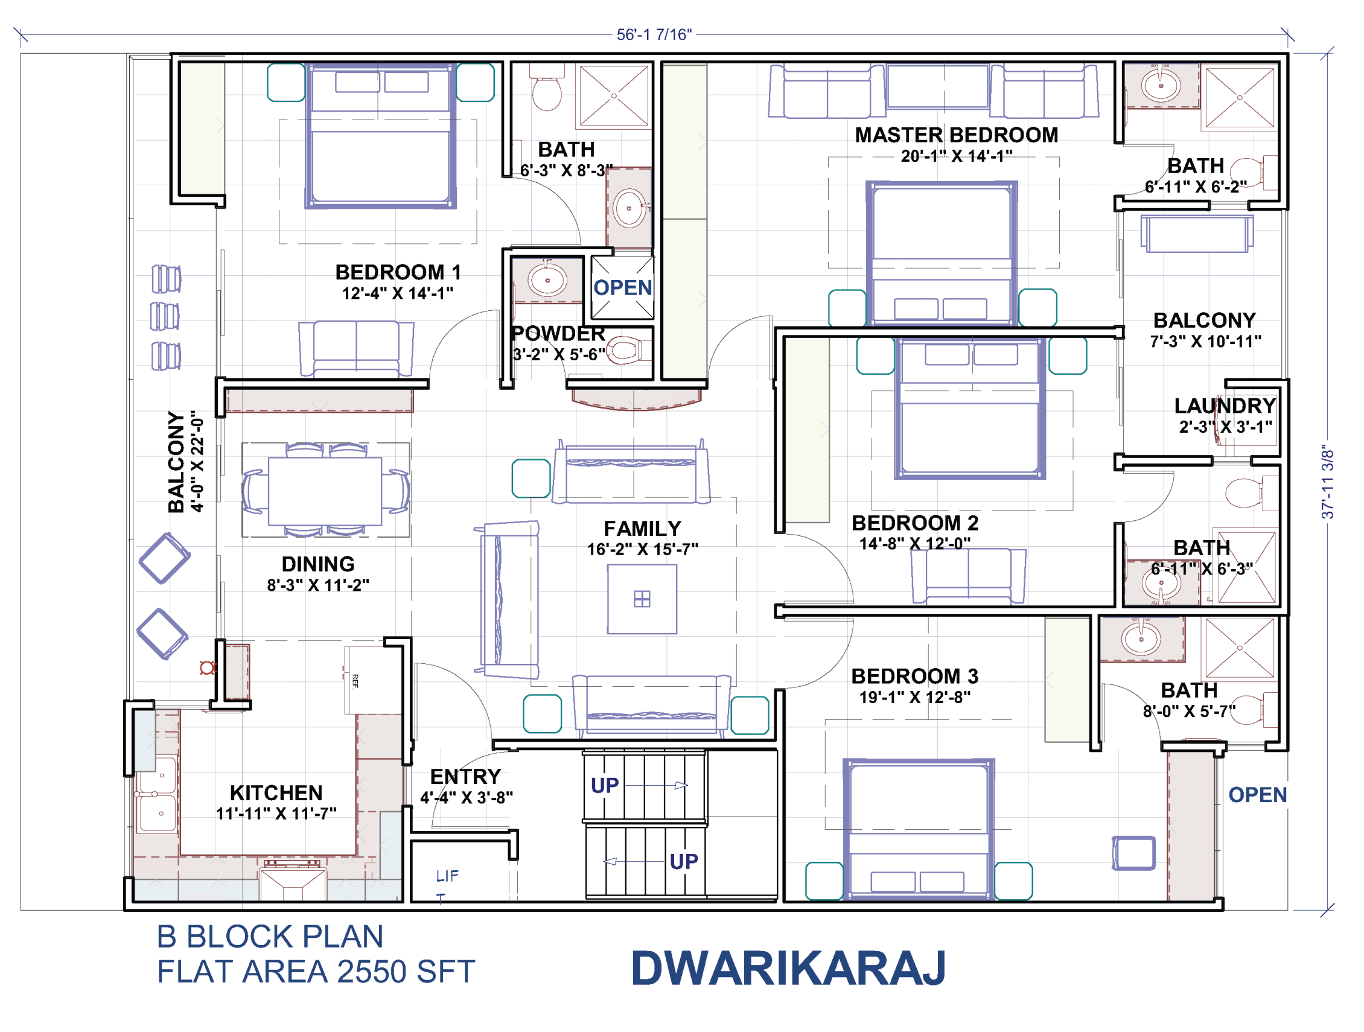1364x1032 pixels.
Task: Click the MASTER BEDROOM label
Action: coord(956,135)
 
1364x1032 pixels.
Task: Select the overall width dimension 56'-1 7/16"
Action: coord(654,34)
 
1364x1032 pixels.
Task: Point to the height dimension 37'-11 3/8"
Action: coord(1327,482)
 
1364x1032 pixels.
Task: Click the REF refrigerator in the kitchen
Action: coord(372,680)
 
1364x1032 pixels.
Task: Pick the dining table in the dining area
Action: coord(324,490)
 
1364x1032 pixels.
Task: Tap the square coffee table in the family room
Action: coord(642,599)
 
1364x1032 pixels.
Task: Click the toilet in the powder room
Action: coord(626,351)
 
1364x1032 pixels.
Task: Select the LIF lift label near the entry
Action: coord(447,876)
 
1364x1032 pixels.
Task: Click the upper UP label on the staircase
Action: coord(604,785)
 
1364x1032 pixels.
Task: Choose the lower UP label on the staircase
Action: coord(683,861)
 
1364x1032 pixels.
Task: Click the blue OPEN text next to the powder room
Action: coord(622,288)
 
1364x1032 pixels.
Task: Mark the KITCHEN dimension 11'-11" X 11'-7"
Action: coord(276,814)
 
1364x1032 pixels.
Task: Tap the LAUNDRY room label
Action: coord(1224,406)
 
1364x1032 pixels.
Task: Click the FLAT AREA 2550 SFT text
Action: coord(315,972)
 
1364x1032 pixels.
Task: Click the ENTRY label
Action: coord(465,776)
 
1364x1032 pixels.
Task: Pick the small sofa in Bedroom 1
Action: coord(356,347)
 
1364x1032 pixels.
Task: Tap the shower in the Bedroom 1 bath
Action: coord(614,95)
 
